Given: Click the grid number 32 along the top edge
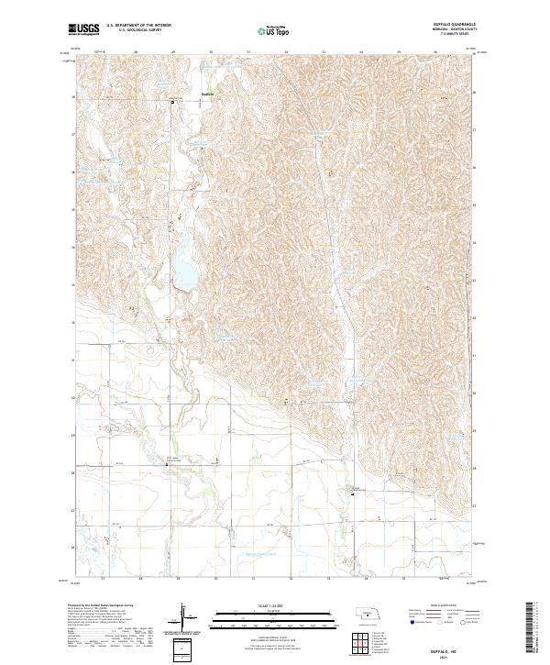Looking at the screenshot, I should [x=287, y=51].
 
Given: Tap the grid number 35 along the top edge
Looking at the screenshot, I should [x=399, y=51].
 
